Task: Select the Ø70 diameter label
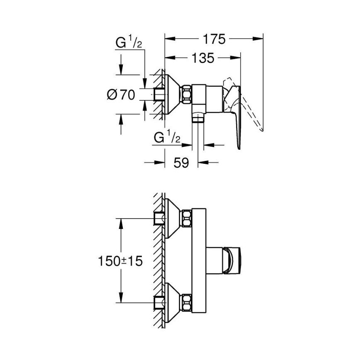(x=121, y=95)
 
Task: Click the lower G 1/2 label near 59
(x=167, y=138)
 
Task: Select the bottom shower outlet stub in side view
(x=198, y=119)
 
